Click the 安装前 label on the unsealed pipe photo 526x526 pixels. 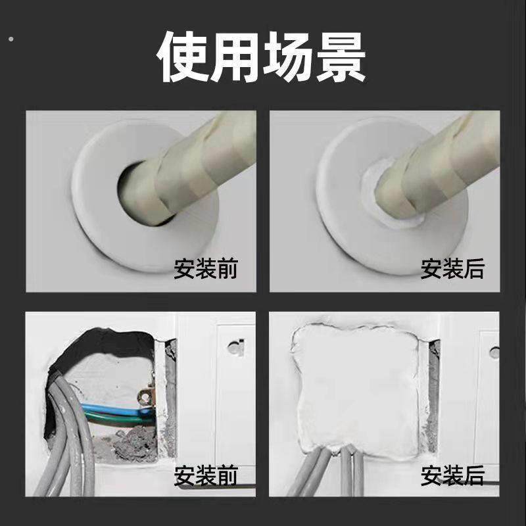click(205, 268)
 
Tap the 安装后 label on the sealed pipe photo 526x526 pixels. click(452, 268)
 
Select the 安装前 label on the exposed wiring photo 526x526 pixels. click(205, 475)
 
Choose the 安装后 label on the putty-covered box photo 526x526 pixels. click(452, 475)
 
